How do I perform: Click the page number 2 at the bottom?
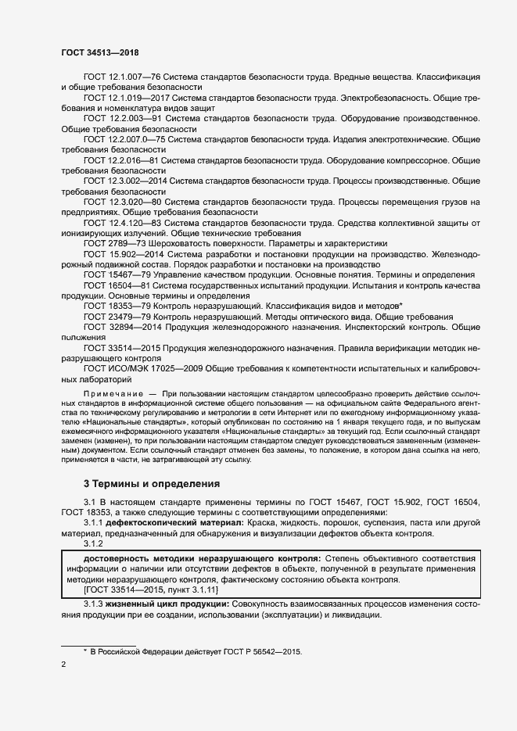point(63,665)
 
